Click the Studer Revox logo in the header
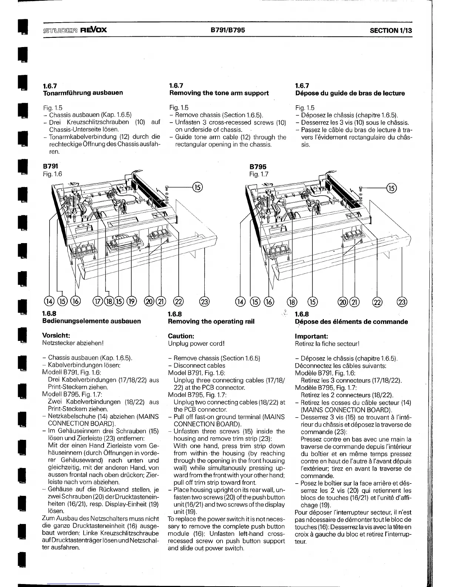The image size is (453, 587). [x=75, y=30]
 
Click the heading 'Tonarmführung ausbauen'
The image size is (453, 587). [x=83, y=93]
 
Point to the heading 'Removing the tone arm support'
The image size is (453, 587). [x=219, y=93]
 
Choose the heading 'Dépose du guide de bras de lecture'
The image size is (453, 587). [x=350, y=93]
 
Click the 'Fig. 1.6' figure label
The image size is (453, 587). [x=53, y=174]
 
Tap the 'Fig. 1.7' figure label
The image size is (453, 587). [x=259, y=174]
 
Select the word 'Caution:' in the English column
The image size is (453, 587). [x=181, y=336]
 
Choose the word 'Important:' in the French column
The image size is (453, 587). [x=311, y=336]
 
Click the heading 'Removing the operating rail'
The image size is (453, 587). [x=211, y=321]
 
